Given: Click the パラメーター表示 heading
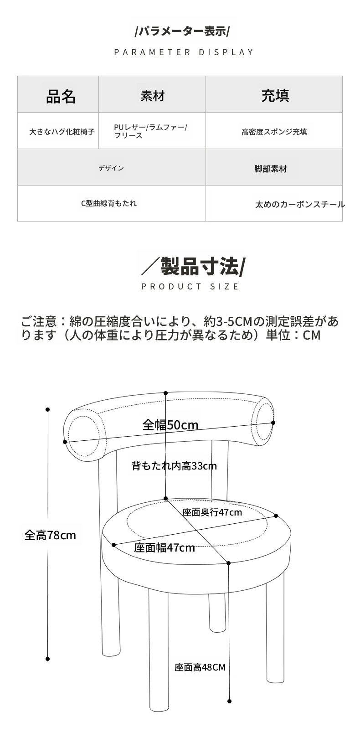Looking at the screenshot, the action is (182, 31).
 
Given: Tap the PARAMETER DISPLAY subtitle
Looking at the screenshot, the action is (184, 52).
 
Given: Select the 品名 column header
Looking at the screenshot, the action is (61, 96).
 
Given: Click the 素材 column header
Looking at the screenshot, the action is (153, 96).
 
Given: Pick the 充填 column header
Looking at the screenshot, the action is (275, 96).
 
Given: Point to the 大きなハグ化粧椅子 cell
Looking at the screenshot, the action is (62, 132).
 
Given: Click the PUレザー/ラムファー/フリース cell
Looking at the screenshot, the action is (151, 131).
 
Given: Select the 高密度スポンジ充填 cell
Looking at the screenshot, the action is (274, 132).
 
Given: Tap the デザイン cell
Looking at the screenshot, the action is (111, 168).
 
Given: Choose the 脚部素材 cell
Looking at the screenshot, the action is (271, 169).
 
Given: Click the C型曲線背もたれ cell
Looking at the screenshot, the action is (109, 203).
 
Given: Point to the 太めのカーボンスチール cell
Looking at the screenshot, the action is (300, 204).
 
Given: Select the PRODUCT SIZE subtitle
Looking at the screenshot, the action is (190, 287).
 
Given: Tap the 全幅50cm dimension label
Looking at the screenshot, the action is (170, 425).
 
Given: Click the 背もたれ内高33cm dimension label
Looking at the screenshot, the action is (174, 466).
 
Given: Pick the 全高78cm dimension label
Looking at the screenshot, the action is (50, 535).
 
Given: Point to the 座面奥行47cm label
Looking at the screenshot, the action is (212, 512).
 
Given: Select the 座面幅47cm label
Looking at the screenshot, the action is (165, 547).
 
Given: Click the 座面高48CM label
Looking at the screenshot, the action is (200, 667).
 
